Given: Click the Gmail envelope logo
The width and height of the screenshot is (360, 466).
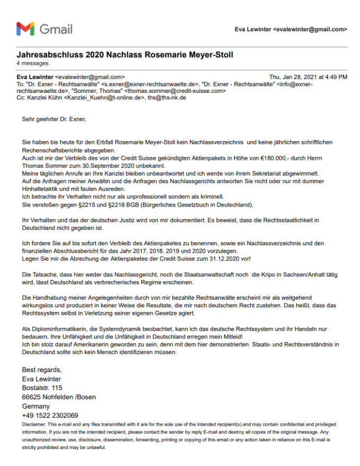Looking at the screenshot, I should point(25,29).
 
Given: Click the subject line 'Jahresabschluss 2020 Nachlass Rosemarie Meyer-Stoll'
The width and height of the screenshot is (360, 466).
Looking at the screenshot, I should point(125,55).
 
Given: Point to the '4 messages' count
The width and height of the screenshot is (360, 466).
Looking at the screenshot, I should point(33,64).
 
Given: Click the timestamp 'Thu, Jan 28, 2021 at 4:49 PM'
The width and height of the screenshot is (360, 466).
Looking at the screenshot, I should point(308,77).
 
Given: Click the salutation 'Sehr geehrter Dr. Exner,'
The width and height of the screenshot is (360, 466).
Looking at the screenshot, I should point(54,119).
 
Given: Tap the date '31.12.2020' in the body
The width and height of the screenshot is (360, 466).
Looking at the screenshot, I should point(224,258).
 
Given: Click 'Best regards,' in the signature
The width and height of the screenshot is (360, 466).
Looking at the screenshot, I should point(42,369).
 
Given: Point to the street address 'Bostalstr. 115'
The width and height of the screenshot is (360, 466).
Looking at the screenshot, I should point(42,387).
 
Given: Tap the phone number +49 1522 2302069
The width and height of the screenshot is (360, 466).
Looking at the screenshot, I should point(50,415).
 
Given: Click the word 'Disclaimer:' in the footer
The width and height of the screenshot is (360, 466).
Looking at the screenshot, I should point(34,425).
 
